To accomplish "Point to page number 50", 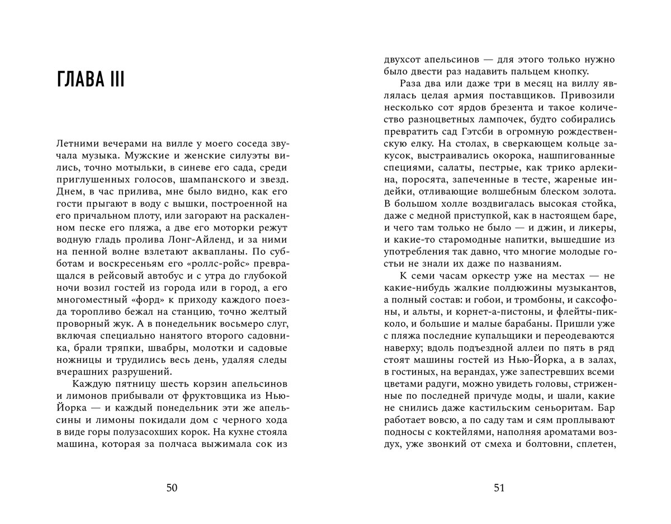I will (x=172, y=488).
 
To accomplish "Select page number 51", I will (x=499, y=488).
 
